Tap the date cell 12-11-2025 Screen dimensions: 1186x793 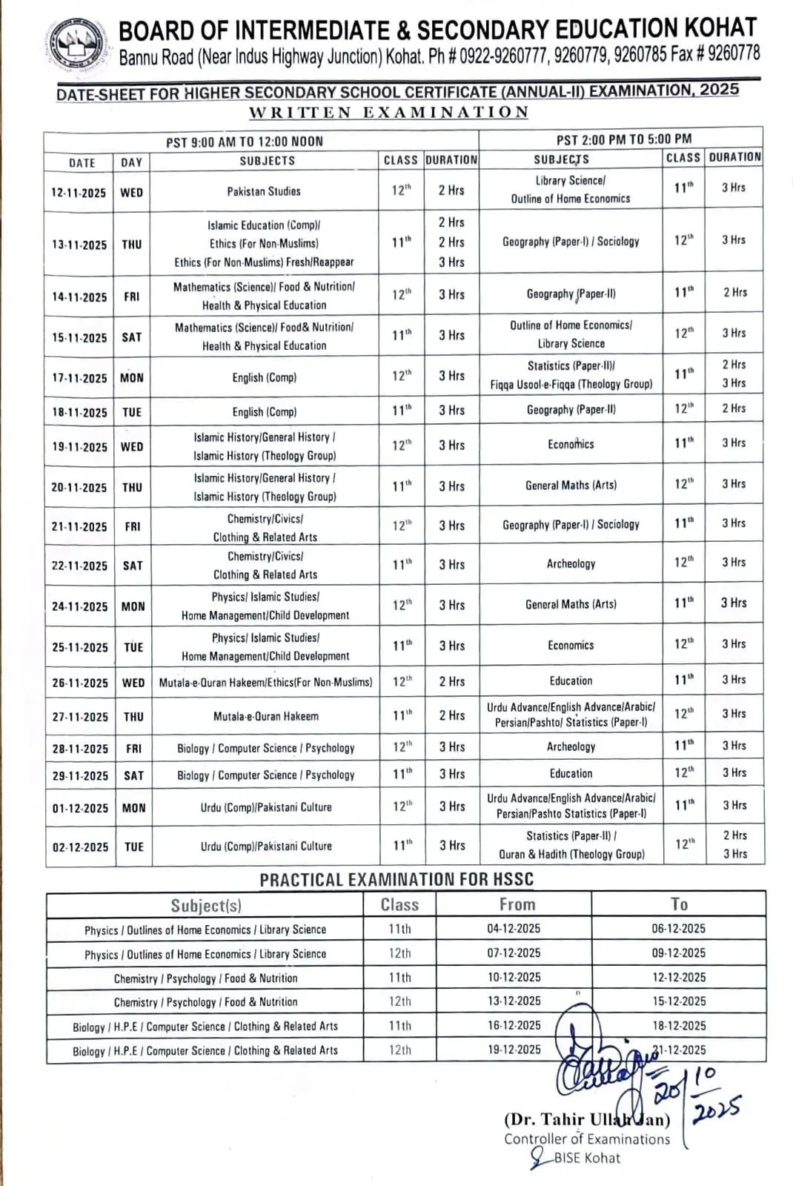coord(79,193)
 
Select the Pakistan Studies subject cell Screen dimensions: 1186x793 coord(264,191)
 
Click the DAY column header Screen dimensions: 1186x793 coord(131,162)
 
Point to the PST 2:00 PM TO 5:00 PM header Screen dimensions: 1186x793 coord(624,139)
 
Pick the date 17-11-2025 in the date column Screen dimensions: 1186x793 coord(79,378)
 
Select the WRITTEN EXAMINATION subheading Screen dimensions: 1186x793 coord(388,113)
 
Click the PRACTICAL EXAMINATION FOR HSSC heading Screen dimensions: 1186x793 coord(396,880)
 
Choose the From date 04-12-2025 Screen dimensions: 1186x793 coord(514,929)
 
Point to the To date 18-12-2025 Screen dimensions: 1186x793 coord(679,1026)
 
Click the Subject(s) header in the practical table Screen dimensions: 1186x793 coord(206,905)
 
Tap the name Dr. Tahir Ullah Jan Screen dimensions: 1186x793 coord(587,1119)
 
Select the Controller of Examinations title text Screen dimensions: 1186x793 coord(587,1139)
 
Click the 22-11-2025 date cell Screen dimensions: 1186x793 coord(79,566)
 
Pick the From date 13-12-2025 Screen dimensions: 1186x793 coord(514,1001)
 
